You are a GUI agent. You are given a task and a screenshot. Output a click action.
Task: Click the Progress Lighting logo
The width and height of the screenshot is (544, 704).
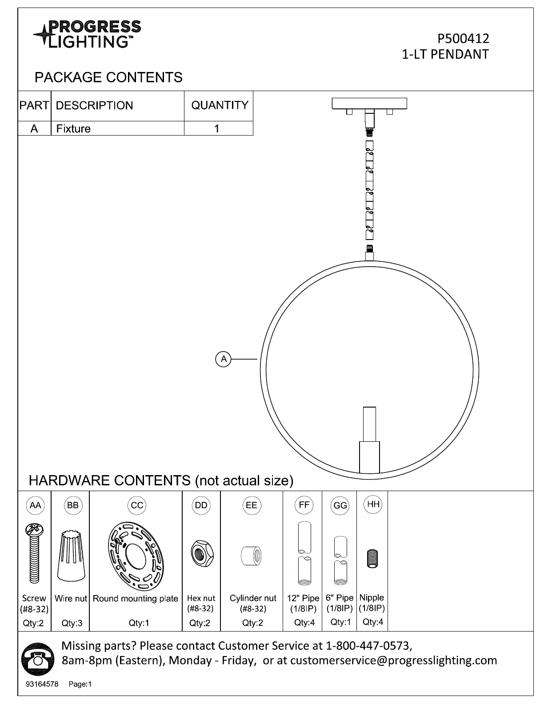click(87, 34)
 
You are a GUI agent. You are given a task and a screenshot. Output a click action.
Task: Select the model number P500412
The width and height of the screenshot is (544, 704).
click(463, 39)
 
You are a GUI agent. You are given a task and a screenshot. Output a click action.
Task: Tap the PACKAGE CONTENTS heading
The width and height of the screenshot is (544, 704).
click(108, 77)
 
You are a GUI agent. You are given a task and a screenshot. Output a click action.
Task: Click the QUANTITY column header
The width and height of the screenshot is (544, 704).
click(220, 105)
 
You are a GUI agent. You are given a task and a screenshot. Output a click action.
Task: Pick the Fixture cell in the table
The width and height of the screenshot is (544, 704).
click(73, 129)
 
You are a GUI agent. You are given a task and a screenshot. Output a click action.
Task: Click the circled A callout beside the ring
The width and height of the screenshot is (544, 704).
click(224, 359)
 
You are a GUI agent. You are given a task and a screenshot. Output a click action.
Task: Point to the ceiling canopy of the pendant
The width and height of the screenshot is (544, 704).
click(369, 104)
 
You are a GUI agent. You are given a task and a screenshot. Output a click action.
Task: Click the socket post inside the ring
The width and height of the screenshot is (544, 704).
click(369, 440)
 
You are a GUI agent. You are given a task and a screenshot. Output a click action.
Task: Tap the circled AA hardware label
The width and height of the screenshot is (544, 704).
click(35, 505)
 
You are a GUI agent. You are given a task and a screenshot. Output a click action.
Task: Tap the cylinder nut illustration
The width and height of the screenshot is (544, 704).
click(252, 556)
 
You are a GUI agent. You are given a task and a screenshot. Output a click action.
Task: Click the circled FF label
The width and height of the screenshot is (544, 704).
click(304, 505)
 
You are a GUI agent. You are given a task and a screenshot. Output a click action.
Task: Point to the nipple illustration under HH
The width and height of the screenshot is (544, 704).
click(372, 558)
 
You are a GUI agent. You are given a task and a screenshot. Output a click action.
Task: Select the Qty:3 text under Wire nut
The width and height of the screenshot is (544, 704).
click(72, 623)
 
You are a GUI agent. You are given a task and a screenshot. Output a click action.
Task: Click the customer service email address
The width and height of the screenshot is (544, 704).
click(393, 660)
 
